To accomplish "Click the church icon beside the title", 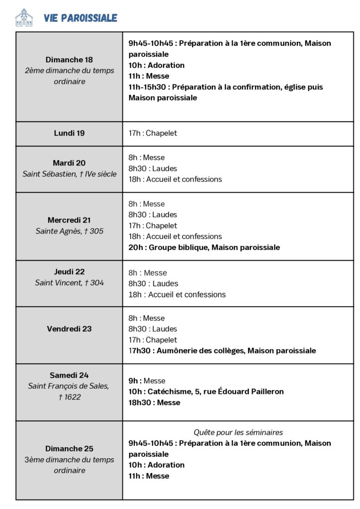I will click(x=23, y=18).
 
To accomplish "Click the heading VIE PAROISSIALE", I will click(x=81, y=18).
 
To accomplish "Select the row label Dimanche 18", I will click(x=69, y=60).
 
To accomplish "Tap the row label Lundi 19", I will click(x=69, y=133).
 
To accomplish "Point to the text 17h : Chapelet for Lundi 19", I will click(x=153, y=133).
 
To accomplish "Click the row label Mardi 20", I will click(x=69, y=163).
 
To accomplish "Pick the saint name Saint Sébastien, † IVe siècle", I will click(x=69, y=174).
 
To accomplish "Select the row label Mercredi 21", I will click(x=69, y=220).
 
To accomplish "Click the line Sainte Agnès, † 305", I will click(x=69, y=231).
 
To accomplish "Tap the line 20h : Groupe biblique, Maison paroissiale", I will click(x=204, y=247).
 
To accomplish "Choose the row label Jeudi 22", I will click(x=69, y=272).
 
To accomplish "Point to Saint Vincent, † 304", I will click(x=69, y=283).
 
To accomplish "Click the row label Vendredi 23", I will click(x=69, y=329).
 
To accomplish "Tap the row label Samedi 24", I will click(x=69, y=375).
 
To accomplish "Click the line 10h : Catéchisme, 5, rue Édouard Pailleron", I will click(x=206, y=392).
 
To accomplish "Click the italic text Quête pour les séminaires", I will click(x=238, y=432).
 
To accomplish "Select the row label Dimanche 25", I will click(x=69, y=449).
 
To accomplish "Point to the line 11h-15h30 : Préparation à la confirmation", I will click(x=225, y=87).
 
